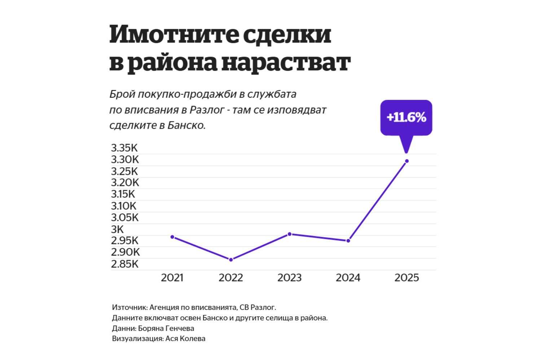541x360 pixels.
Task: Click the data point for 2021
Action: tap(172, 237)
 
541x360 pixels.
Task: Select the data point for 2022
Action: tap(231, 259)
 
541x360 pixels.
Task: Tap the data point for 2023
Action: tap(290, 234)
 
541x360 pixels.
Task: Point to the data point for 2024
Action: tap(348, 241)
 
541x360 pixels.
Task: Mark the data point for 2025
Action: tap(407, 161)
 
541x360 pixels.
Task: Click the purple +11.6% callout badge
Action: tap(406, 117)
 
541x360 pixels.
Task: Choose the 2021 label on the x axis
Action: tap(172, 278)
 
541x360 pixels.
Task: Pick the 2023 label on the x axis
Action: tap(289, 278)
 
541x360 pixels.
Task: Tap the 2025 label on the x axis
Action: tap(406, 278)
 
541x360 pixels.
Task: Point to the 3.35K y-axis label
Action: tap(124, 148)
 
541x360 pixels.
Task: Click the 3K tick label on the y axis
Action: tap(117, 229)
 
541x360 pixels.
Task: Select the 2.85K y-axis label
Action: tap(125, 264)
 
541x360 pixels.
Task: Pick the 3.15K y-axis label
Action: tap(123, 194)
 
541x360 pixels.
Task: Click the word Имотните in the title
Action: tap(172, 35)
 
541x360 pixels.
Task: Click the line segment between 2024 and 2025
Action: tap(378, 201)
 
